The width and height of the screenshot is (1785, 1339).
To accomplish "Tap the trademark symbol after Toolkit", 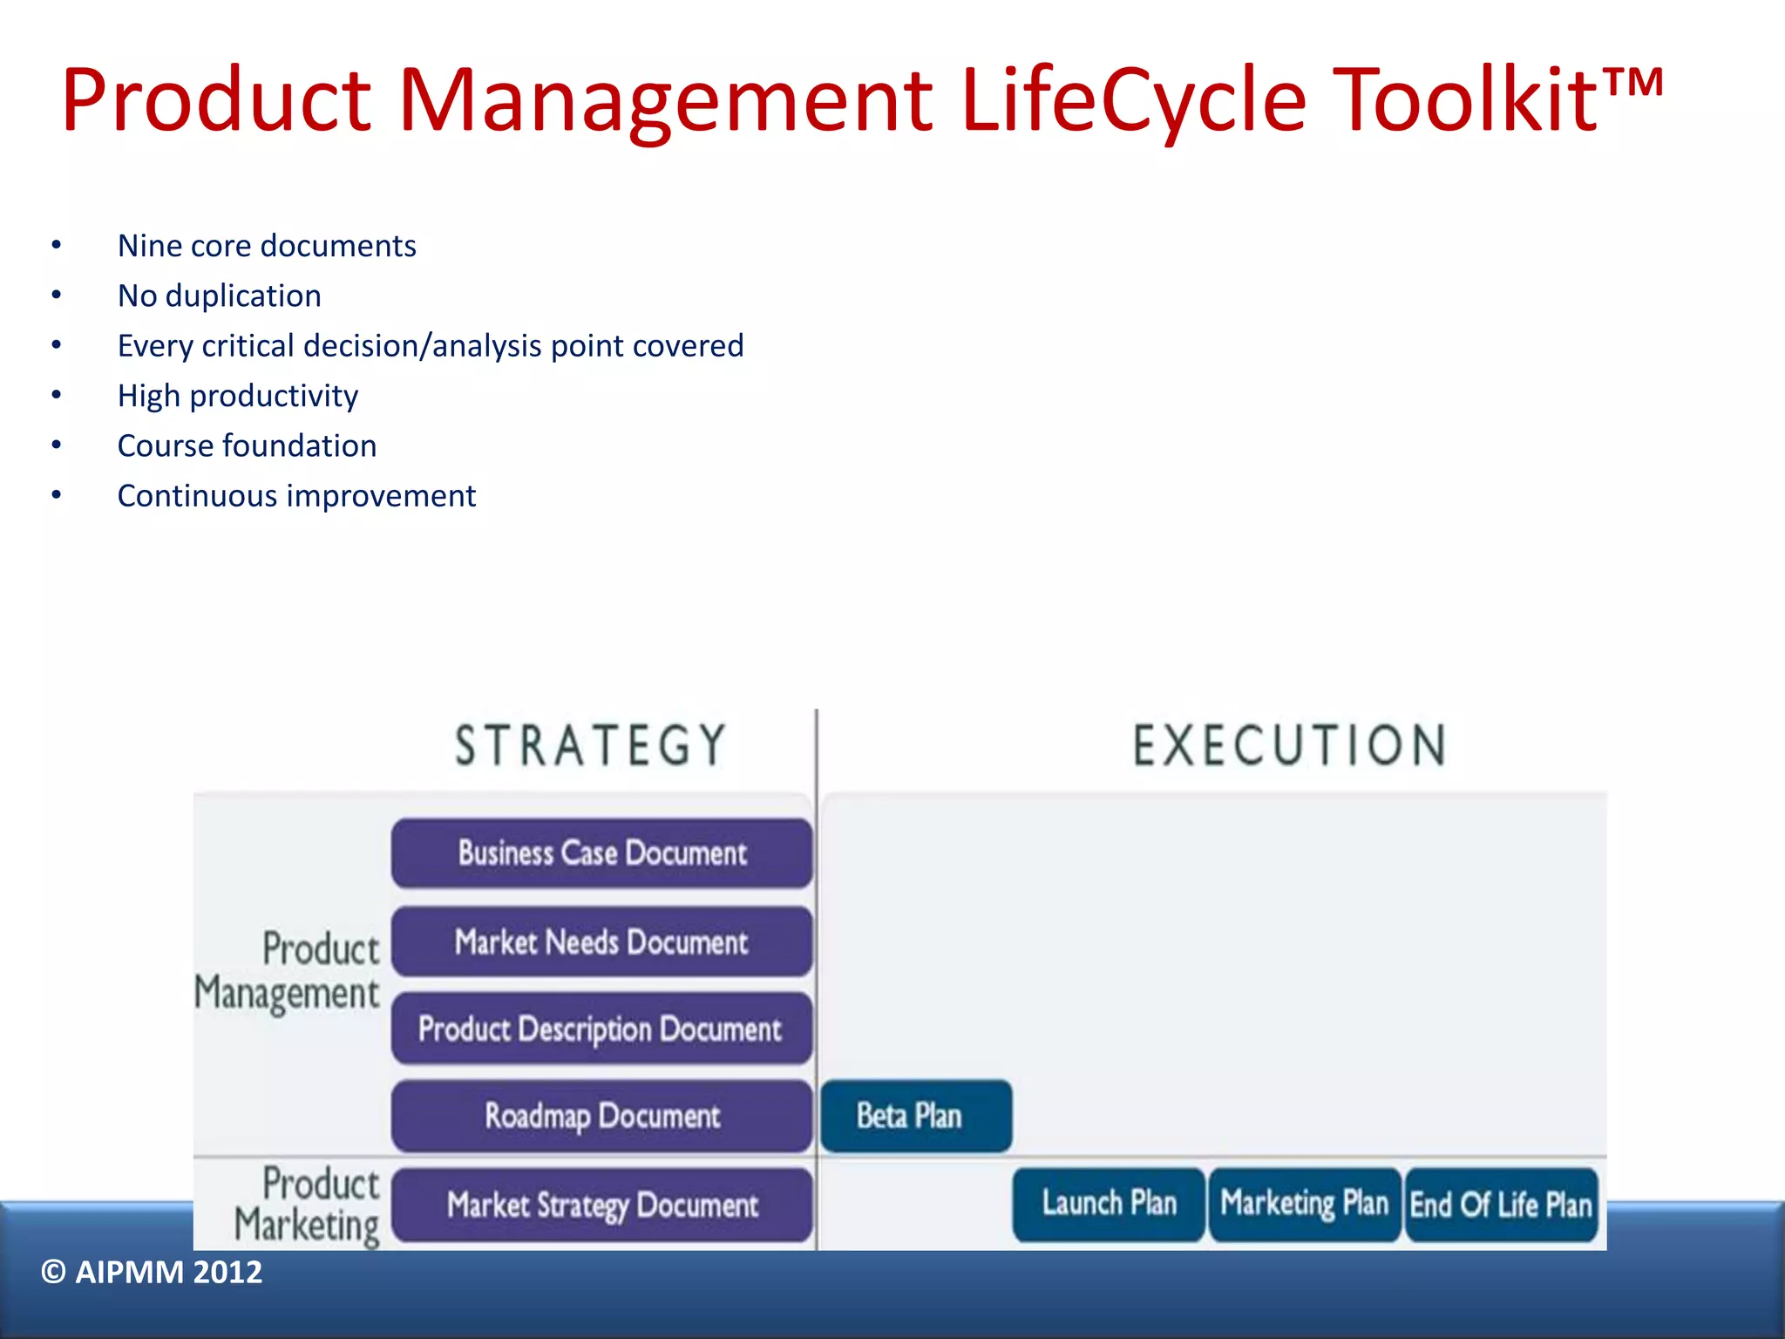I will coord(1633,85).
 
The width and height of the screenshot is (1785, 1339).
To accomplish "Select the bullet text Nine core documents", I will coord(267,246).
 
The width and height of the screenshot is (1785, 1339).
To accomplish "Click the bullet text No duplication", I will coord(219,296).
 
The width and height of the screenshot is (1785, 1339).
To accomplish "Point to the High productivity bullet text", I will coord(238,396).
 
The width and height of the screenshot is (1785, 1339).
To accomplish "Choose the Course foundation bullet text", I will coord(247,446).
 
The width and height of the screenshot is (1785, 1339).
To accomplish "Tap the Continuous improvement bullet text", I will coord(296,496).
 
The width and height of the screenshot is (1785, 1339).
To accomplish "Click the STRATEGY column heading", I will coord(591,746).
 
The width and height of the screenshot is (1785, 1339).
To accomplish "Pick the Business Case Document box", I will coord(601,853).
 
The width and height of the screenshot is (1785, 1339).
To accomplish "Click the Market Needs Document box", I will coord(601,941).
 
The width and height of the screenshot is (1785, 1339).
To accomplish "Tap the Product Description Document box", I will coord(601,1029).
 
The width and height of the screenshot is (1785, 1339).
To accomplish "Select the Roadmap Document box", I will coord(601,1116).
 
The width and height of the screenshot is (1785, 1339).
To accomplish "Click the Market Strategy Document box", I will coord(601,1205).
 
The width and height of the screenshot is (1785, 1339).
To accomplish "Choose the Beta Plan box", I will coord(915,1116).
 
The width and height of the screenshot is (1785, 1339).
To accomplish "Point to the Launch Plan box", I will coord(1109,1204).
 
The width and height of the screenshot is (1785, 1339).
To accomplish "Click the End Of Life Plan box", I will coord(1501,1205).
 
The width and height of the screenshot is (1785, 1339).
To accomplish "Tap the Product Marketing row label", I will coord(307,1205).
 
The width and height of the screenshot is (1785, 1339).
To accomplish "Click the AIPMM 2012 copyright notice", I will coord(152,1272).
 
